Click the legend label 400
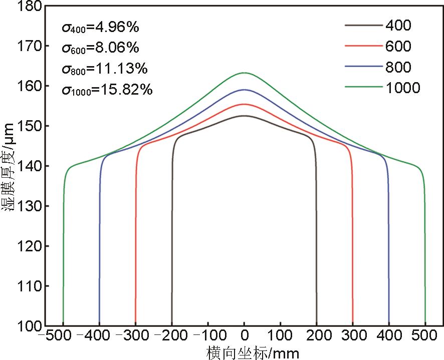tap(398, 25)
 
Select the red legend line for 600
tap(364, 46)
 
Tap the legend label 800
tap(398, 67)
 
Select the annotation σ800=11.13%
tap(105, 69)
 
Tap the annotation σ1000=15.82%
tap(107, 90)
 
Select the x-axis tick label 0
tap(244, 335)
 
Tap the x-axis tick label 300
tap(353, 335)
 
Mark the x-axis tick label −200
tap(169, 335)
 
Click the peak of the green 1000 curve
tap(244, 73)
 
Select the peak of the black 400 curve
tap(244, 116)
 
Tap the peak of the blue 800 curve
tap(244, 90)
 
